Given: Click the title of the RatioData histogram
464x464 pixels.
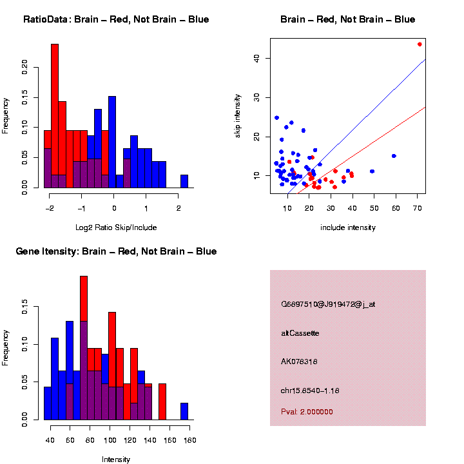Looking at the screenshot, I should (x=116, y=19).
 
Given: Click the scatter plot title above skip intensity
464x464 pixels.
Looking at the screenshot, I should (x=347, y=19).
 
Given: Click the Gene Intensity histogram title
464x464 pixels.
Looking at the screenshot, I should (x=116, y=251).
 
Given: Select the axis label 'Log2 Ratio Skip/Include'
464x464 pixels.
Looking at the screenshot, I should (x=116, y=227).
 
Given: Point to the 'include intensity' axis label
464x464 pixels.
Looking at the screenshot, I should (x=347, y=227).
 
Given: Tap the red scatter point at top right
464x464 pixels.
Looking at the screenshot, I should (x=420, y=44).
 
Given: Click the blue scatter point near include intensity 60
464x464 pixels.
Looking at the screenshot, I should (x=394, y=156).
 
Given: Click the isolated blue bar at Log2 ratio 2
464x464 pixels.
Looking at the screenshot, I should (x=184, y=181).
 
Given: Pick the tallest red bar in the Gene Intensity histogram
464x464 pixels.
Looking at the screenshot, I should (x=84, y=322).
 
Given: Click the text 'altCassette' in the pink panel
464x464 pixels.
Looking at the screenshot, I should (x=300, y=333).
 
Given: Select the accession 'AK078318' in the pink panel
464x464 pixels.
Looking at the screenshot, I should (x=299, y=362).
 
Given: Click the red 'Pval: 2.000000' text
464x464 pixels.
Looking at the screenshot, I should (x=307, y=412).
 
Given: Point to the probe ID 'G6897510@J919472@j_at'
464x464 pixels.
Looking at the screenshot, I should (x=328, y=304).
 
